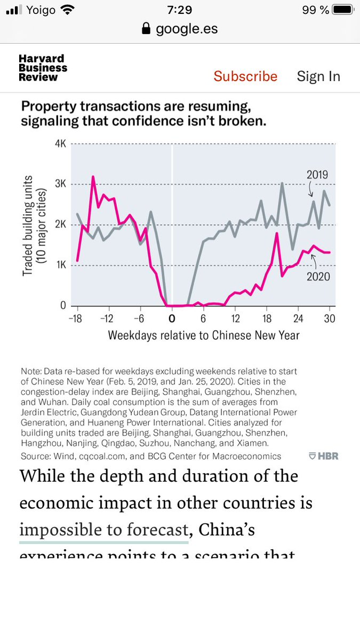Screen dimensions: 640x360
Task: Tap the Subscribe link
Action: point(245,76)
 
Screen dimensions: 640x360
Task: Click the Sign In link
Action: point(318,76)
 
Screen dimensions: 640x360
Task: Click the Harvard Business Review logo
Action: point(43,68)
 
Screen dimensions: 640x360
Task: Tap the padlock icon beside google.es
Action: point(146,29)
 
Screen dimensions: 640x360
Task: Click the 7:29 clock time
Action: point(179,10)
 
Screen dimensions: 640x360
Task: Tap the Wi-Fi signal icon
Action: point(68,10)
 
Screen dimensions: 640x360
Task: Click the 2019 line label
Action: point(317,174)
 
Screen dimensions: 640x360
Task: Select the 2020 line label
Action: point(318,276)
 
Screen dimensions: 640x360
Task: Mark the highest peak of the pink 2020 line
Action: point(93,177)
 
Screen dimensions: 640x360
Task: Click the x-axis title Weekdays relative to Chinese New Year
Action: point(203,335)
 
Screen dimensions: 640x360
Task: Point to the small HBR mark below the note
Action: point(323,456)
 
